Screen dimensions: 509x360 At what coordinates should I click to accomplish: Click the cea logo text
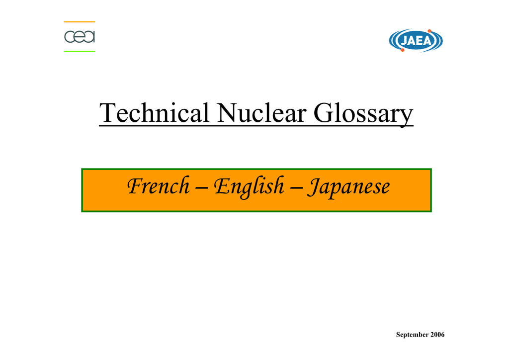coord(80,37)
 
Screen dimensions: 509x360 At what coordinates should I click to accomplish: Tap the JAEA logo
coord(416,40)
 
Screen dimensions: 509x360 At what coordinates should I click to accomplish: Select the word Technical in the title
coord(155,113)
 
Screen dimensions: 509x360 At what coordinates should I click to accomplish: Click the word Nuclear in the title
coord(261,113)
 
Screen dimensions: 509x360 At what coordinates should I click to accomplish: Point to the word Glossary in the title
coord(363,113)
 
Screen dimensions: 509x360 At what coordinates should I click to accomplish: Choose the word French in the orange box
coord(159,186)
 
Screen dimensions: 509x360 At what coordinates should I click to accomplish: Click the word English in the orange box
coord(249,187)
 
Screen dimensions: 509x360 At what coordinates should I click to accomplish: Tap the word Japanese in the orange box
coord(348,187)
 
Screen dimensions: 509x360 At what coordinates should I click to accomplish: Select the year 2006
coord(437,334)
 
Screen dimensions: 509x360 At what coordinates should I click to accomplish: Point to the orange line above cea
coord(80,22)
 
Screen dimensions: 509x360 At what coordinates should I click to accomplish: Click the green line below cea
coord(80,51)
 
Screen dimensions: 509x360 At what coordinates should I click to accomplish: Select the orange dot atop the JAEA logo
coord(429,31)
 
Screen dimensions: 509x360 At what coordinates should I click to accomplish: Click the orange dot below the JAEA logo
coord(403,50)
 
